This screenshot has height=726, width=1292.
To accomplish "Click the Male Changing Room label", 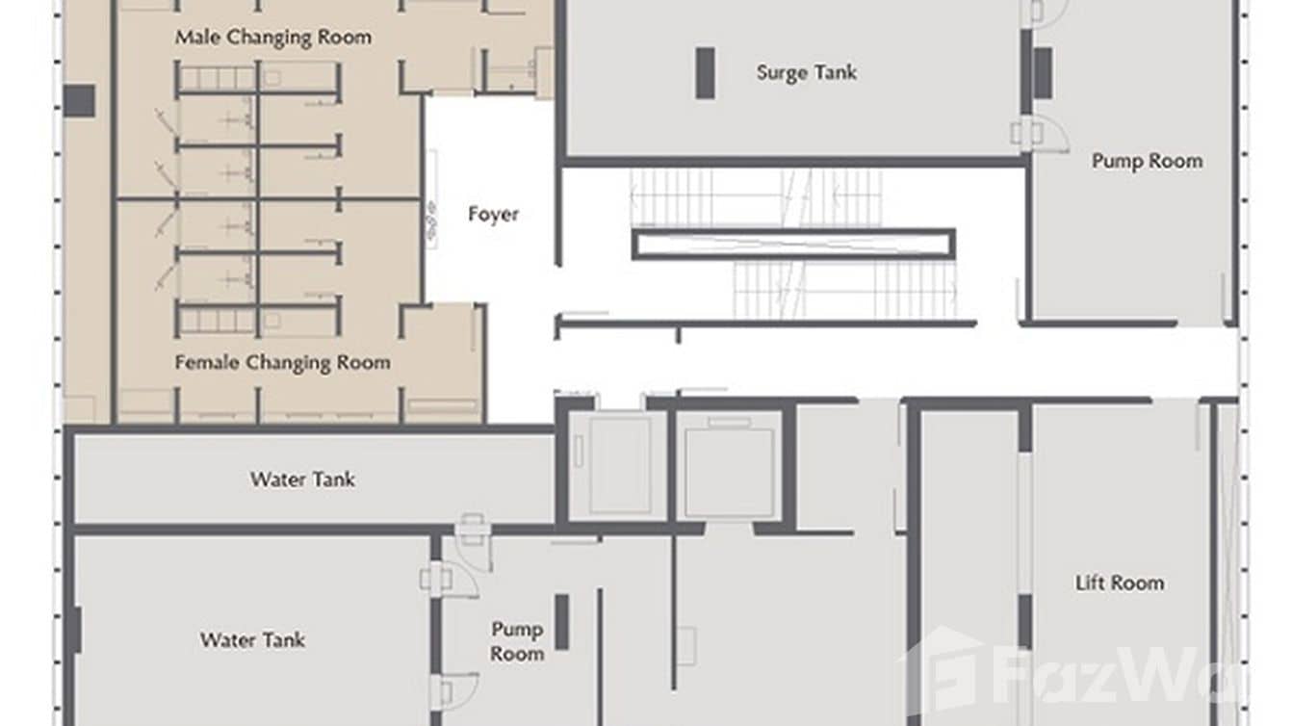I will point(272,38).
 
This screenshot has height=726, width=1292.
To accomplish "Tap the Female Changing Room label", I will point(282,363).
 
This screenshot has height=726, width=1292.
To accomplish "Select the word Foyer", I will point(493,214).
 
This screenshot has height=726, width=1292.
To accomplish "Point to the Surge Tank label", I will point(806,72).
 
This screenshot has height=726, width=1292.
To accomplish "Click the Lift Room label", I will point(1119,583).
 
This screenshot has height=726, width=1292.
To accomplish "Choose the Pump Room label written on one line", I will point(1147,161).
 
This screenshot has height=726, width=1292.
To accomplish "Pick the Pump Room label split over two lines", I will point(517,641).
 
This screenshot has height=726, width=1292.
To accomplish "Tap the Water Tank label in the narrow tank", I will point(302,479).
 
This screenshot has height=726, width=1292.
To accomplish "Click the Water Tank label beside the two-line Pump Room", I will point(252,639).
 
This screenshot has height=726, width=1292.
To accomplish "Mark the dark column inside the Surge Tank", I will point(706,73).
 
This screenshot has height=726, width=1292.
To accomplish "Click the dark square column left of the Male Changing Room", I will point(80,98).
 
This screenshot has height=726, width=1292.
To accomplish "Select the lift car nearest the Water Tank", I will point(614,465).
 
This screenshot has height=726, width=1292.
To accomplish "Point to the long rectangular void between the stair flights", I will point(793,244).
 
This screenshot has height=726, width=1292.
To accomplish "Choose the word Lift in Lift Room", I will point(1090,583).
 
